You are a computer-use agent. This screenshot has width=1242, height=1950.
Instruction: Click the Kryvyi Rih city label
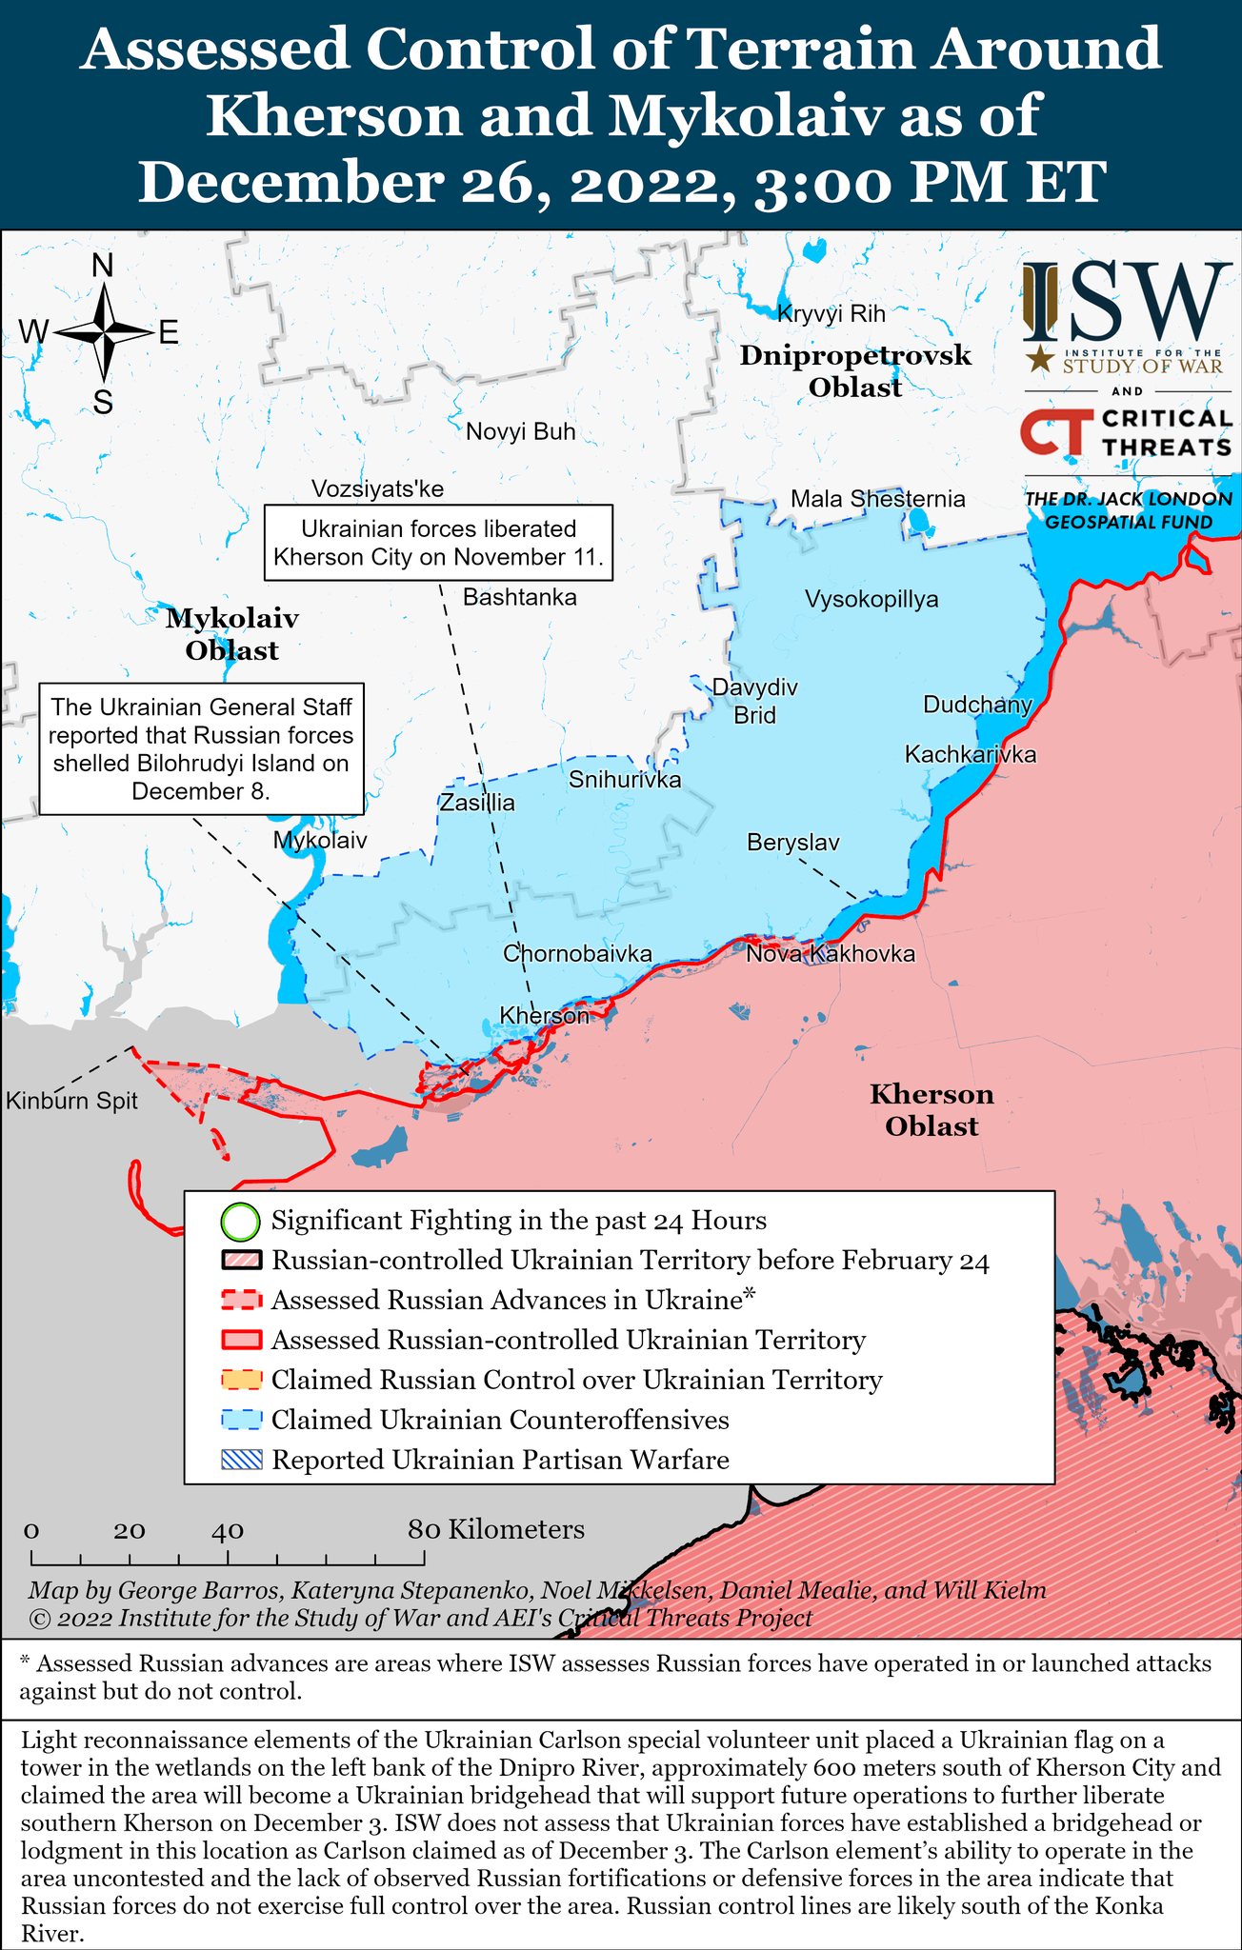pos(831,314)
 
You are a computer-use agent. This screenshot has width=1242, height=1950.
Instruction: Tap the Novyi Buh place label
pos(521,432)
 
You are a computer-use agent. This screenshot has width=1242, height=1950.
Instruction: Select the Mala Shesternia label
pos(877,499)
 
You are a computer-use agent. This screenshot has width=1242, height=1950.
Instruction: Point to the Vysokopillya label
pos(871,600)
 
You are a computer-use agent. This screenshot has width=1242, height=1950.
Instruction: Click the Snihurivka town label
pos(625,781)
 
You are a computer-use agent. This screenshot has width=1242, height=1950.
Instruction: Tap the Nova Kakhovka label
pos(830,954)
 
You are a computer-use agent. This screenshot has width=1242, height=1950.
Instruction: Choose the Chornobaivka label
pos(577,954)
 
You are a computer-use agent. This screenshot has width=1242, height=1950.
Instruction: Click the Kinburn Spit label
pos(71,1102)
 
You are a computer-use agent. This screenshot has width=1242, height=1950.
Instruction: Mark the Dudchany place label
pos(977,706)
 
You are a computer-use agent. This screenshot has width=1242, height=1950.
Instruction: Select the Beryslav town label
pos(792,843)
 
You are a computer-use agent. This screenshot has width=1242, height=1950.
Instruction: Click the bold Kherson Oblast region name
pos(931,1110)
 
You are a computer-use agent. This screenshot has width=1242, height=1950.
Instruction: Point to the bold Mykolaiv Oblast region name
pos(232,635)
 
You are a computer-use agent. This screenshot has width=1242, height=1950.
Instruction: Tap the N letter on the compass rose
pos(103,267)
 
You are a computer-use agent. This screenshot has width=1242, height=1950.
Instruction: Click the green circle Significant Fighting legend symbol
pos(240,1221)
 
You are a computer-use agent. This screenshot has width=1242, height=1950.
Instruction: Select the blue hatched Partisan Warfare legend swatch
pos(241,1460)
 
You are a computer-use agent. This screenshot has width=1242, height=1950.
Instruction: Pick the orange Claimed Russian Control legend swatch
pos(241,1380)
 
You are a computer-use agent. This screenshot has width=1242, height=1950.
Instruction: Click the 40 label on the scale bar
pos(228,1531)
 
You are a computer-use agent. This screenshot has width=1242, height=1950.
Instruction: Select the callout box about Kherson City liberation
pos(438,543)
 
